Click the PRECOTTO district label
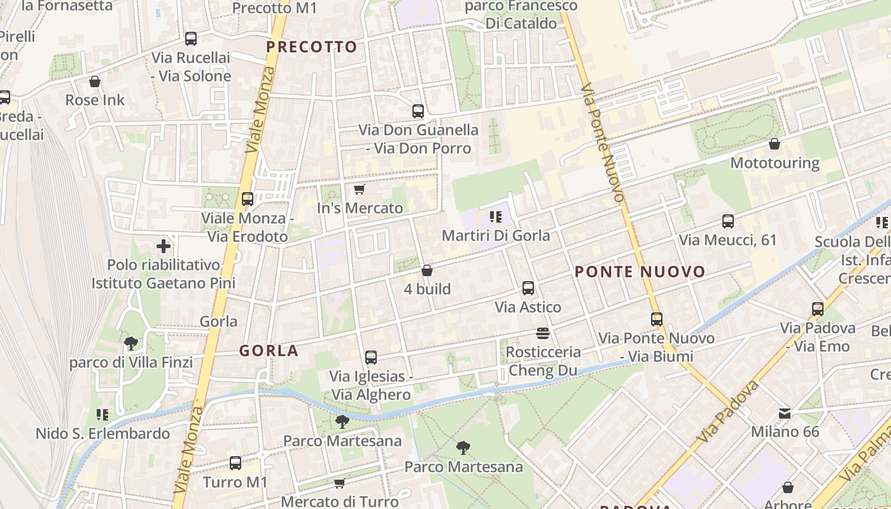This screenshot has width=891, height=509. [312, 46]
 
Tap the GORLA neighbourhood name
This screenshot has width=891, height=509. [269, 351]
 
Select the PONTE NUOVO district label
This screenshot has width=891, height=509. [640, 272]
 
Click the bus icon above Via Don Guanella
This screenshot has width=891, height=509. [418, 111]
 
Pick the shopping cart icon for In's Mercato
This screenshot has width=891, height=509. [359, 190]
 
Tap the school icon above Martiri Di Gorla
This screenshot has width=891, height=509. [496, 217]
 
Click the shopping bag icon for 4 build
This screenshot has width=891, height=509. [427, 270]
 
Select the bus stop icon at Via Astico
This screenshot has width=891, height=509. [528, 288]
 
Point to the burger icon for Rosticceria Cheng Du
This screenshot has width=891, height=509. [543, 333]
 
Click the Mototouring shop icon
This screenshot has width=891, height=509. [775, 144]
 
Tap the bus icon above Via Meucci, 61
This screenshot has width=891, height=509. [728, 221]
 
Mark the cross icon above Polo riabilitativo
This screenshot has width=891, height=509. [164, 246]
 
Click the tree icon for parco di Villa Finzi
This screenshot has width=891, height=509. [131, 344]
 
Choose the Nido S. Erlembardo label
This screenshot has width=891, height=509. [102, 434]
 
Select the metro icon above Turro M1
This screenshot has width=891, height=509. [235, 463]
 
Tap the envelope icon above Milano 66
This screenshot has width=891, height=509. [785, 414]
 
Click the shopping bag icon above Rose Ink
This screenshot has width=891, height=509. [95, 81]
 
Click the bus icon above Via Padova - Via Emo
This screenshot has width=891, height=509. [818, 309]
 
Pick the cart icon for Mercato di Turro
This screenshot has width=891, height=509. [340, 484]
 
